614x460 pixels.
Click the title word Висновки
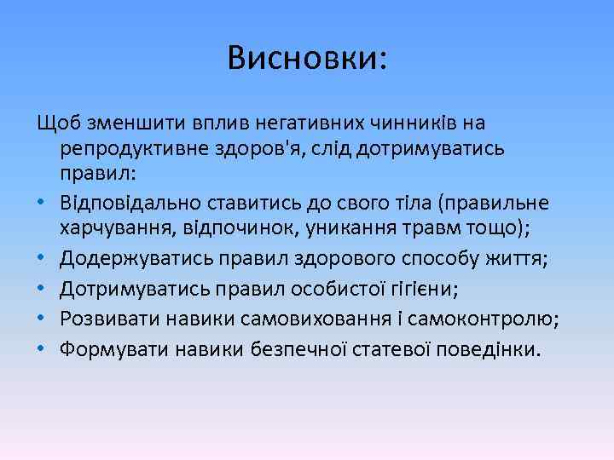(x=306, y=57)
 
